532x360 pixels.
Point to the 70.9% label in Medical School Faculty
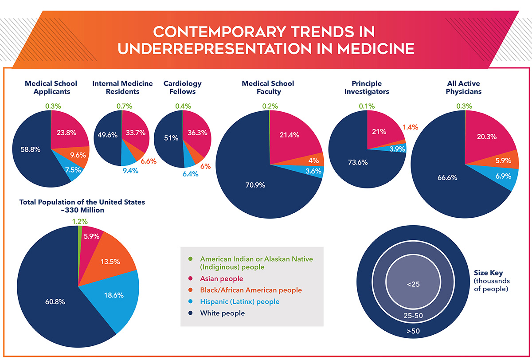(256, 185)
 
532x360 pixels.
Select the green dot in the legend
(191, 259)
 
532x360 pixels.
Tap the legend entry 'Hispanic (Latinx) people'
(240, 302)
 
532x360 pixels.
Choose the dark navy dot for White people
(191, 313)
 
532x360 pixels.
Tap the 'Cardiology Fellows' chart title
(182, 87)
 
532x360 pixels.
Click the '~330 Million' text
(82, 210)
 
